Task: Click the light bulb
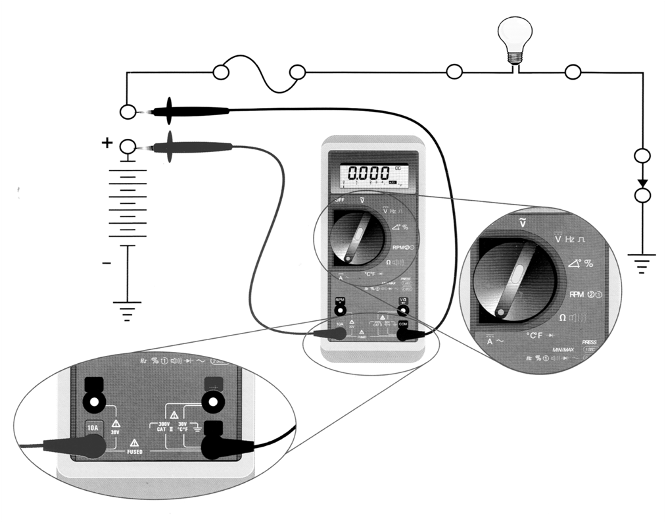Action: tap(513, 39)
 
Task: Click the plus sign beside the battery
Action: tap(107, 142)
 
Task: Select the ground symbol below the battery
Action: tap(128, 309)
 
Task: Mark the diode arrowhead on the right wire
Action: tap(642, 182)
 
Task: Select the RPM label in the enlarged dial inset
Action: tap(577, 294)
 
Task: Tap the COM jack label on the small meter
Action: tap(404, 324)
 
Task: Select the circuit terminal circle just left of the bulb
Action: tap(454, 72)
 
